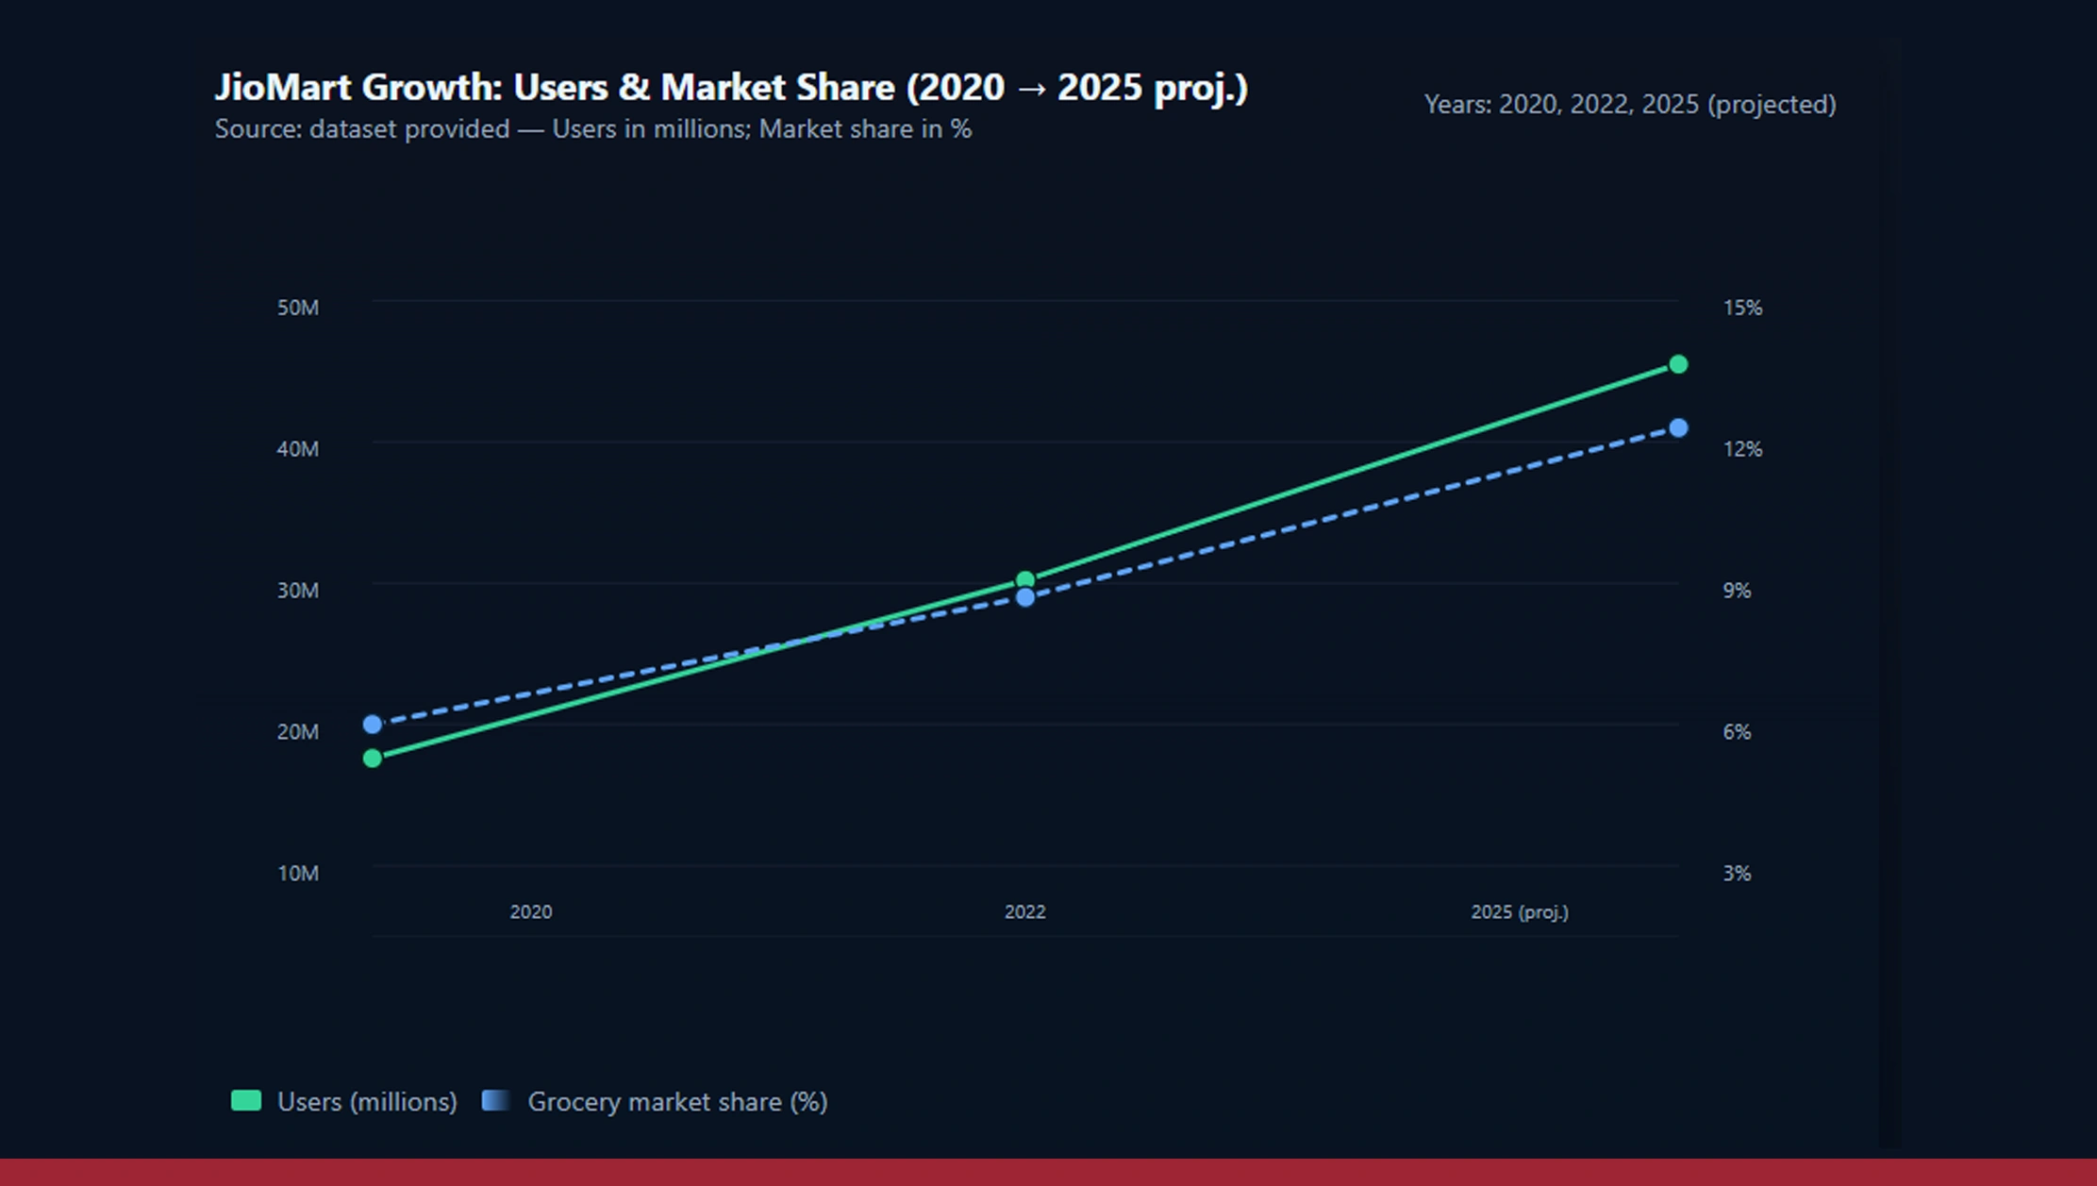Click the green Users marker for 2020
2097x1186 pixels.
373,758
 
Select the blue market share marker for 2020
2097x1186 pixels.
373,724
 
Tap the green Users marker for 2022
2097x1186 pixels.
1025,580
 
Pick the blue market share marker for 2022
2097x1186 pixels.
1025,597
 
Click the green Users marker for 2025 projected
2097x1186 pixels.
1678,364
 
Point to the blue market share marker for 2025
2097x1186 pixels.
1678,428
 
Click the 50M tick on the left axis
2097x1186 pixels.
298,308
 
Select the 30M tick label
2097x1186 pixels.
298,591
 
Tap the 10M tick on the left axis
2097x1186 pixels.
298,874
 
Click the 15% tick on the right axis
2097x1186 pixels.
1742,308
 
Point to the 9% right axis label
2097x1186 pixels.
1737,591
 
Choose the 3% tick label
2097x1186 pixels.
1737,874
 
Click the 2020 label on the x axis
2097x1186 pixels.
531,912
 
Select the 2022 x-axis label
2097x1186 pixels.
1025,912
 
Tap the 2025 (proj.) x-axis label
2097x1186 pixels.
1520,912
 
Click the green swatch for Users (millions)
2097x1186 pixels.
246,1100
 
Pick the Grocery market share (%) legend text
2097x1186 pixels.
677,1102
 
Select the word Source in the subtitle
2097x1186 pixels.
256,129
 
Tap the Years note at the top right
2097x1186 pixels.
1629,105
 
